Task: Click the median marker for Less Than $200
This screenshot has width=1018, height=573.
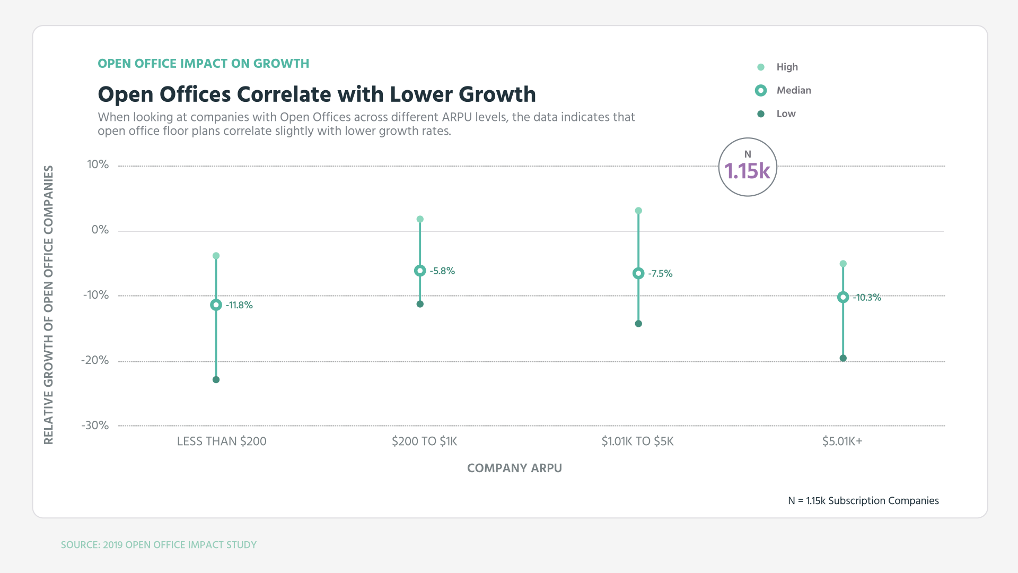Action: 216,305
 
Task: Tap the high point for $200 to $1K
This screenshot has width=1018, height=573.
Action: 420,219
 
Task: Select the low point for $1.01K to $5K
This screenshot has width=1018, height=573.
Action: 638,324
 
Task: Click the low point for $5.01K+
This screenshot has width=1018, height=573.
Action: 843,358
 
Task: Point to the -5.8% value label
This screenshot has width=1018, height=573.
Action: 442,271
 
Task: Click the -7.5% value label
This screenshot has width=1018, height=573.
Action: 660,274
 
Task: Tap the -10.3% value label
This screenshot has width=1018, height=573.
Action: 867,298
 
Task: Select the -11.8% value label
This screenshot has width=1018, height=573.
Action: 239,305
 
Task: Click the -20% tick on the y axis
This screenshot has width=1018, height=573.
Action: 95,360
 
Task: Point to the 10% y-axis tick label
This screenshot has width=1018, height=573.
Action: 98,164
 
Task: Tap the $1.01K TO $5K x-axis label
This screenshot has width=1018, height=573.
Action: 637,441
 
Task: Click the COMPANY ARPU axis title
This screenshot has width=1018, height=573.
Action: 514,468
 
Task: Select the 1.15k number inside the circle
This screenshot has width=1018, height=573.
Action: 747,171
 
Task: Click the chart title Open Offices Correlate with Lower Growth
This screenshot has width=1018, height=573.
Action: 317,94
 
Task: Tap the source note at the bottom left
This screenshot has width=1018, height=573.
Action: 159,545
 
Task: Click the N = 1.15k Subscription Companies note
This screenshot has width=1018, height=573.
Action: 863,501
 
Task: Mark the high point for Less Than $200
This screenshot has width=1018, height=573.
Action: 216,256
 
